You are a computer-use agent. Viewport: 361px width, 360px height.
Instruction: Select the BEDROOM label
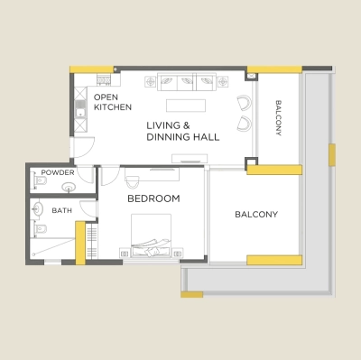153,198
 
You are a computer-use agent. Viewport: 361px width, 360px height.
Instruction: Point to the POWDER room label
58,172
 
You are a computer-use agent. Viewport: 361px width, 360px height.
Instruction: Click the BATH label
62,210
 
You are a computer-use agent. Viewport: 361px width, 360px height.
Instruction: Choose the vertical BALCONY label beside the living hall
279,118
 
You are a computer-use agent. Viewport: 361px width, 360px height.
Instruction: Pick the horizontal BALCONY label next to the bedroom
256,215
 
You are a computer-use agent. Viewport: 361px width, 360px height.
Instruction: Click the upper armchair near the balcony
244,102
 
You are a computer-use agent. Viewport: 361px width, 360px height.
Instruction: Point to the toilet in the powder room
38,181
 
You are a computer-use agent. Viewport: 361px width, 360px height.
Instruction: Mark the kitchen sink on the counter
80,112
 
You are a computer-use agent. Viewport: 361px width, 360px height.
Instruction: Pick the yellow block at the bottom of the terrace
191,294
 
